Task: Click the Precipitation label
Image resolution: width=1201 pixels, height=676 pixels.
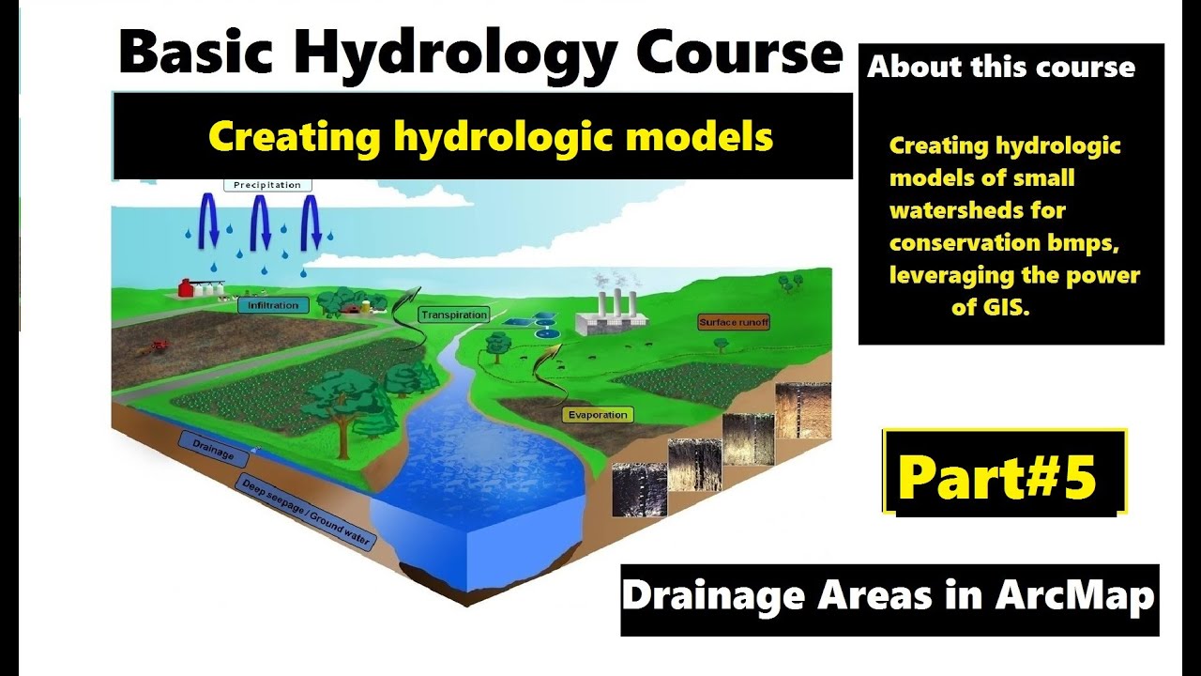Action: (x=267, y=185)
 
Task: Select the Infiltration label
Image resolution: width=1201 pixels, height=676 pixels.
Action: (x=273, y=305)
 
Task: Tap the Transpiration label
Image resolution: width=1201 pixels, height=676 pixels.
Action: (x=454, y=315)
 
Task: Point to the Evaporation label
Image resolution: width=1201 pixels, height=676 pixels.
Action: (x=598, y=414)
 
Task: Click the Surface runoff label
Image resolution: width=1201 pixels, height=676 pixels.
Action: (x=734, y=322)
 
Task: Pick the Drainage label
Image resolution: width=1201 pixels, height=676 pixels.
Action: (x=212, y=449)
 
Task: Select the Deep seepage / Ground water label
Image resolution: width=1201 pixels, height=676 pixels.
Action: (x=305, y=513)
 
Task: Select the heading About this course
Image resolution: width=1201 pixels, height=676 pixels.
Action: (x=1000, y=68)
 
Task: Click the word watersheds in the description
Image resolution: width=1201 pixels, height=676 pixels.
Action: (x=977, y=210)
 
